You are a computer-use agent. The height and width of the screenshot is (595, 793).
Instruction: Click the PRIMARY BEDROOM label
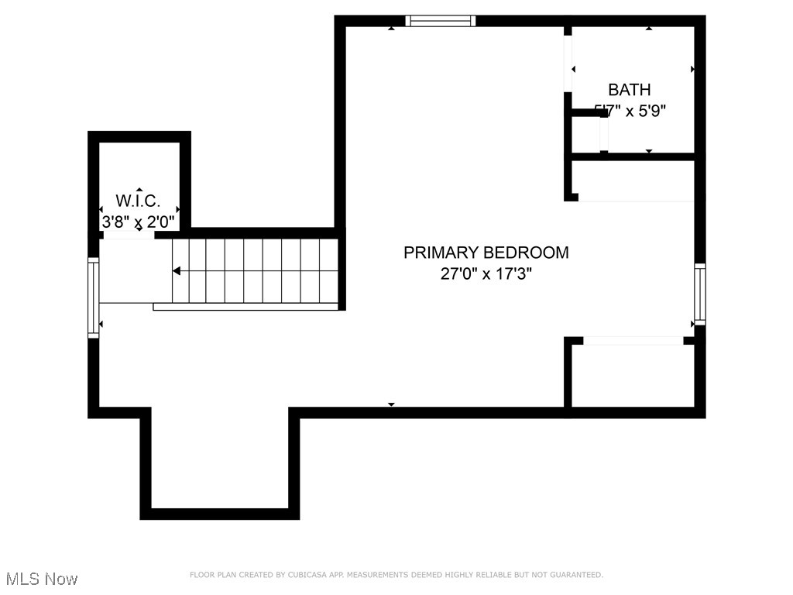486,253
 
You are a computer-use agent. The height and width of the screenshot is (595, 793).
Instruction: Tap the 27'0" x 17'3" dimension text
486,274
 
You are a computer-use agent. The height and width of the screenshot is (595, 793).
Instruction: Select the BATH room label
629,90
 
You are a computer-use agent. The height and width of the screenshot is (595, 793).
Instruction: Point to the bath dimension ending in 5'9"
629,111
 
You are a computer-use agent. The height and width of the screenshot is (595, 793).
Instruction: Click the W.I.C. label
138,201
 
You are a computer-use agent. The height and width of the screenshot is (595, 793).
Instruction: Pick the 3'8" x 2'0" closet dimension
139,222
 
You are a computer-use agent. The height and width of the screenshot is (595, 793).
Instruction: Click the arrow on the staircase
177,271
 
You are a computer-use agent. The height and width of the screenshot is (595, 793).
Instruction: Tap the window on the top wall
441,21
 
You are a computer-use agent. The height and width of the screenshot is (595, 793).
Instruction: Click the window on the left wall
94,297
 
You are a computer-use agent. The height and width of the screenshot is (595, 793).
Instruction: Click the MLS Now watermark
42,579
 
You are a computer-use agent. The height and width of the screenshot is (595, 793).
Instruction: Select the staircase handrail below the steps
246,307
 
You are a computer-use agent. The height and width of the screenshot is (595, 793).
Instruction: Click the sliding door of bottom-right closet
633,340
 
